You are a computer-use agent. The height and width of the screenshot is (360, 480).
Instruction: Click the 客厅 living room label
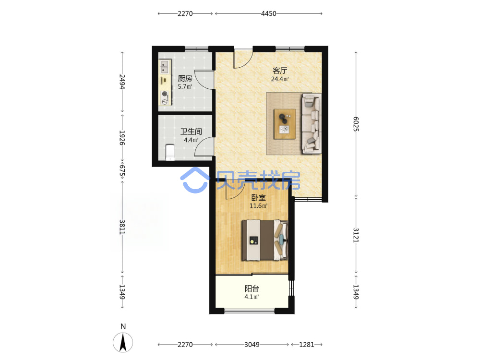280,71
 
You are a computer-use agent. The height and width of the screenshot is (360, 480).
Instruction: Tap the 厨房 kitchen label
185,79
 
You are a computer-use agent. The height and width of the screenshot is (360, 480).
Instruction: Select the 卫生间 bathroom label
191,132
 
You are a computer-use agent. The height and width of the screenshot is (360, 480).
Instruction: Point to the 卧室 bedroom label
258,198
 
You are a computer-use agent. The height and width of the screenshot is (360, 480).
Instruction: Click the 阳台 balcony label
252,288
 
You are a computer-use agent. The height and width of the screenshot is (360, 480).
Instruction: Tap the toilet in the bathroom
169,153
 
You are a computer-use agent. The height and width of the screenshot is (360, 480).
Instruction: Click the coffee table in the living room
285,124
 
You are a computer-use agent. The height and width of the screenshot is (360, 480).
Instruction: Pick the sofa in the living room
312,123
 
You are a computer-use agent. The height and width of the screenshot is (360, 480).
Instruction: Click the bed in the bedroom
265,240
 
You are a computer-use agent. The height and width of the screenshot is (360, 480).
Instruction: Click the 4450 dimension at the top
268,13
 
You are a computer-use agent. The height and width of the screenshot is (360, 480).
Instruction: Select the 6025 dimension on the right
356,124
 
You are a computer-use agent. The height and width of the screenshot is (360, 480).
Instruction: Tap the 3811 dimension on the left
122,227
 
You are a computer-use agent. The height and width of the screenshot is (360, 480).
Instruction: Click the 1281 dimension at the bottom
306,345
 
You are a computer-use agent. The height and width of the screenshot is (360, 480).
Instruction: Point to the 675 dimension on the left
122,171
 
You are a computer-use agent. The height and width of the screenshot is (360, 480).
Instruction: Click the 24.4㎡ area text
280,79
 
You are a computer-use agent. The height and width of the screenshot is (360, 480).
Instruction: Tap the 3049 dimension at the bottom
252,345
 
